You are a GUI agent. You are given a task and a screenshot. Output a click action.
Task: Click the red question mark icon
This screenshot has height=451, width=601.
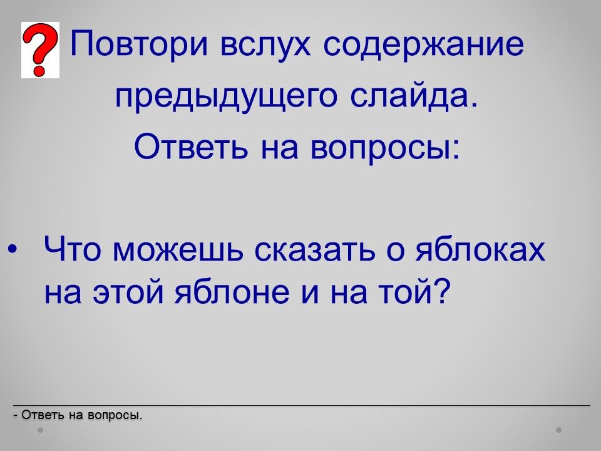point(40,50)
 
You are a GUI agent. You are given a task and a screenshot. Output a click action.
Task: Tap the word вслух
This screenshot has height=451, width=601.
point(265,45)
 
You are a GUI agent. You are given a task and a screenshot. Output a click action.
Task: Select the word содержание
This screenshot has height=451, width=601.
point(423,45)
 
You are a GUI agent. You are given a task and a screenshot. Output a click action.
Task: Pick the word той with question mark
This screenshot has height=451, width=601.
point(413,291)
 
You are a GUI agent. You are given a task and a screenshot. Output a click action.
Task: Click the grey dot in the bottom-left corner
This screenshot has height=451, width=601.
point(40,430)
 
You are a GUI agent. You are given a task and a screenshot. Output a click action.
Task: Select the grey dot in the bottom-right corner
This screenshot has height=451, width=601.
point(559,430)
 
